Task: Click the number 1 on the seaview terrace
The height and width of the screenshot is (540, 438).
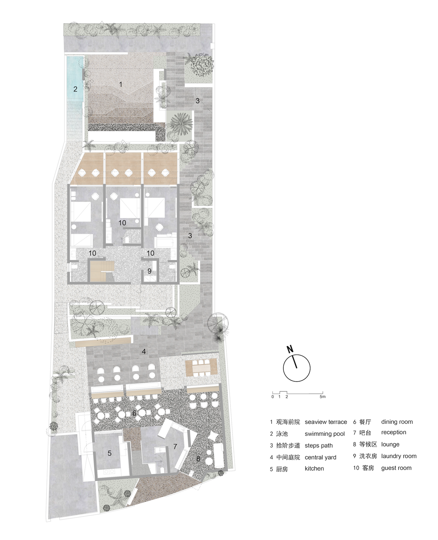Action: click(x=121, y=84)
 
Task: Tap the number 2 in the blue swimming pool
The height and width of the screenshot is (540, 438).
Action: click(x=75, y=89)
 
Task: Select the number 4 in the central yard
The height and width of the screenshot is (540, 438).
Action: click(x=144, y=351)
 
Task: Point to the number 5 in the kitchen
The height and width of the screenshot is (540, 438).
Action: click(x=109, y=453)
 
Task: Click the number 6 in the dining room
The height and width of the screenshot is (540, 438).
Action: click(x=134, y=413)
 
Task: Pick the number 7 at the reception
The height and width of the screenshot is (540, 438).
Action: click(x=175, y=446)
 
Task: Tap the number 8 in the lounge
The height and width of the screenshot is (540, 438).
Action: click(x=198, y=459)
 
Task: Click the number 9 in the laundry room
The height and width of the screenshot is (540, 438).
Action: click(x=149, y=271)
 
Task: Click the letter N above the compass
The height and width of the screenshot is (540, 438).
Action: click(x=290, y=349)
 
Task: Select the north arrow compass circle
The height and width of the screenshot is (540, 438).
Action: click(x=296, y=368)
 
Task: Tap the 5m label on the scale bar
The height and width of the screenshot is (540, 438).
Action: click(x=322, y=397)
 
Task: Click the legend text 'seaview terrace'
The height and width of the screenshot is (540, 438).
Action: click(x=326, y=422)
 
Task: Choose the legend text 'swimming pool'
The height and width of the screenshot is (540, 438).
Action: click(x=325, y=434)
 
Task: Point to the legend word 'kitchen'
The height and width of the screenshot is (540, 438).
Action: click(x=314, y=469)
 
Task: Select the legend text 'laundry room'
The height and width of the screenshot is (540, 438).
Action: click(x=399, y=456)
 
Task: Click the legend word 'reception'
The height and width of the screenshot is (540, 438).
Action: click(x=394, y=432)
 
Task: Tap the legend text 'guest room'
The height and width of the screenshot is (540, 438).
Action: click(x=396, y=468)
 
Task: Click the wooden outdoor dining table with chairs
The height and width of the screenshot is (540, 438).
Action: click(x=201, y=368)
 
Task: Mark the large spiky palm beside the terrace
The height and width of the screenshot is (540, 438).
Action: click(x=181, y=124)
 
